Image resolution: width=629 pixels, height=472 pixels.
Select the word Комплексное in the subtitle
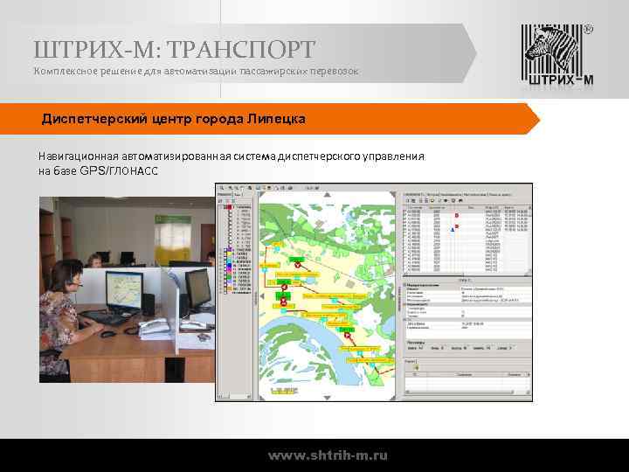64,70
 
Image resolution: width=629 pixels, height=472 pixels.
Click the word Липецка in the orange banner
276,118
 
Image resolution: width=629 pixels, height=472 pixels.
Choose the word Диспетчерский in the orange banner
95,118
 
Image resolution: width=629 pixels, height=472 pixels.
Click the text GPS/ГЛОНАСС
119,170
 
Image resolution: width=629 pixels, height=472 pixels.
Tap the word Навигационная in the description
77,156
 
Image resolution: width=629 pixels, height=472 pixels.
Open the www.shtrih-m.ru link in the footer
328,455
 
